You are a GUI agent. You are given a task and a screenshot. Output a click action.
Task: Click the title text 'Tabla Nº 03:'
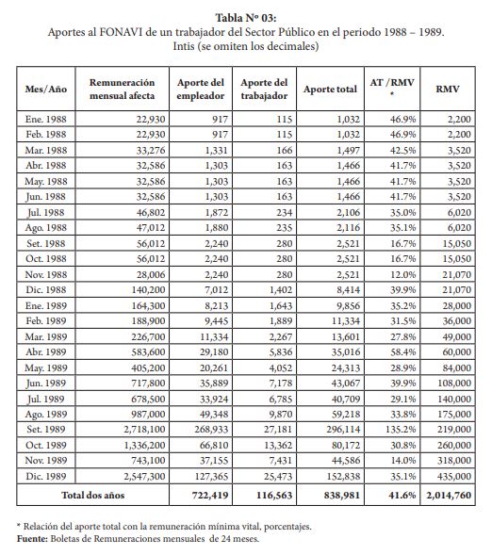[246, 18]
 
